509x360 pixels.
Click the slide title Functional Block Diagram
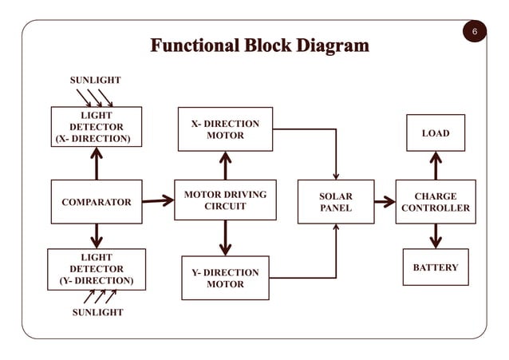point(260,45)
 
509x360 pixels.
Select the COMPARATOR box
point(96,202)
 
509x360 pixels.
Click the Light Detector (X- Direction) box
point(97,127)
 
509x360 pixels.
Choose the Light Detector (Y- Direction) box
point(97,269)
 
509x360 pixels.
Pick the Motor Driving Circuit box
point(225,200)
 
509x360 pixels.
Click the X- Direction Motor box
point(225,129)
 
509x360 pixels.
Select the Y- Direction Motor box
point(225,278)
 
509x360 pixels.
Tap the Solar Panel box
point(335,202)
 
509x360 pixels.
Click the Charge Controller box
point(436,202)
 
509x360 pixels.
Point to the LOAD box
point(436,133)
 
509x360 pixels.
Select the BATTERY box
point(436,267)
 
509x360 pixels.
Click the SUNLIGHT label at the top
point(96,80)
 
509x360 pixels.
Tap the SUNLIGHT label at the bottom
point(97,312)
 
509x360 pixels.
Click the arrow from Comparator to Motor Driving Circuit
point(158,201)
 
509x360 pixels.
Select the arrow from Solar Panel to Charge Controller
point(385,202)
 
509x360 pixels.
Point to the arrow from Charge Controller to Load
point(436,166)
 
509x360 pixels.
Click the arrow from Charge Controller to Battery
point(436,236)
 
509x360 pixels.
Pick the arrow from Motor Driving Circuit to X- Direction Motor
point(225,166)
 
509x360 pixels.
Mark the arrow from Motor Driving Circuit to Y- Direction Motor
point(225,238)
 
